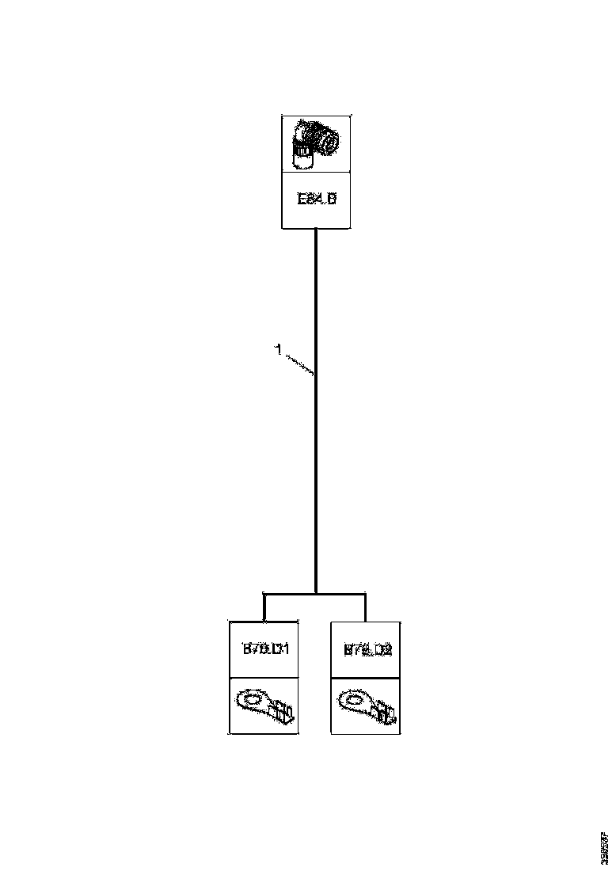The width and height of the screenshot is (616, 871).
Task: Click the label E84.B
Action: (x=317, y=200)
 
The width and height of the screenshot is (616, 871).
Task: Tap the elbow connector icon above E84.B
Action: (x=315, y=143)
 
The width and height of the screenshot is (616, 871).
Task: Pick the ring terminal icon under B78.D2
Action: (x=366, y=705)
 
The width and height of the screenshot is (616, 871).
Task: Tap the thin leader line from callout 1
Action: (x=299, y=364)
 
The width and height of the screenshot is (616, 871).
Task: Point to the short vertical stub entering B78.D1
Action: (x=264, y=607)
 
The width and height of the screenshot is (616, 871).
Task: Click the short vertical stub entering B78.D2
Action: (x=366, y=607)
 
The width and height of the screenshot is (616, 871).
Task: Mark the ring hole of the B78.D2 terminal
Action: (x=354, y=699)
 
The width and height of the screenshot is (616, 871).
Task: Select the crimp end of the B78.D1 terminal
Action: (x=283, y=713)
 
